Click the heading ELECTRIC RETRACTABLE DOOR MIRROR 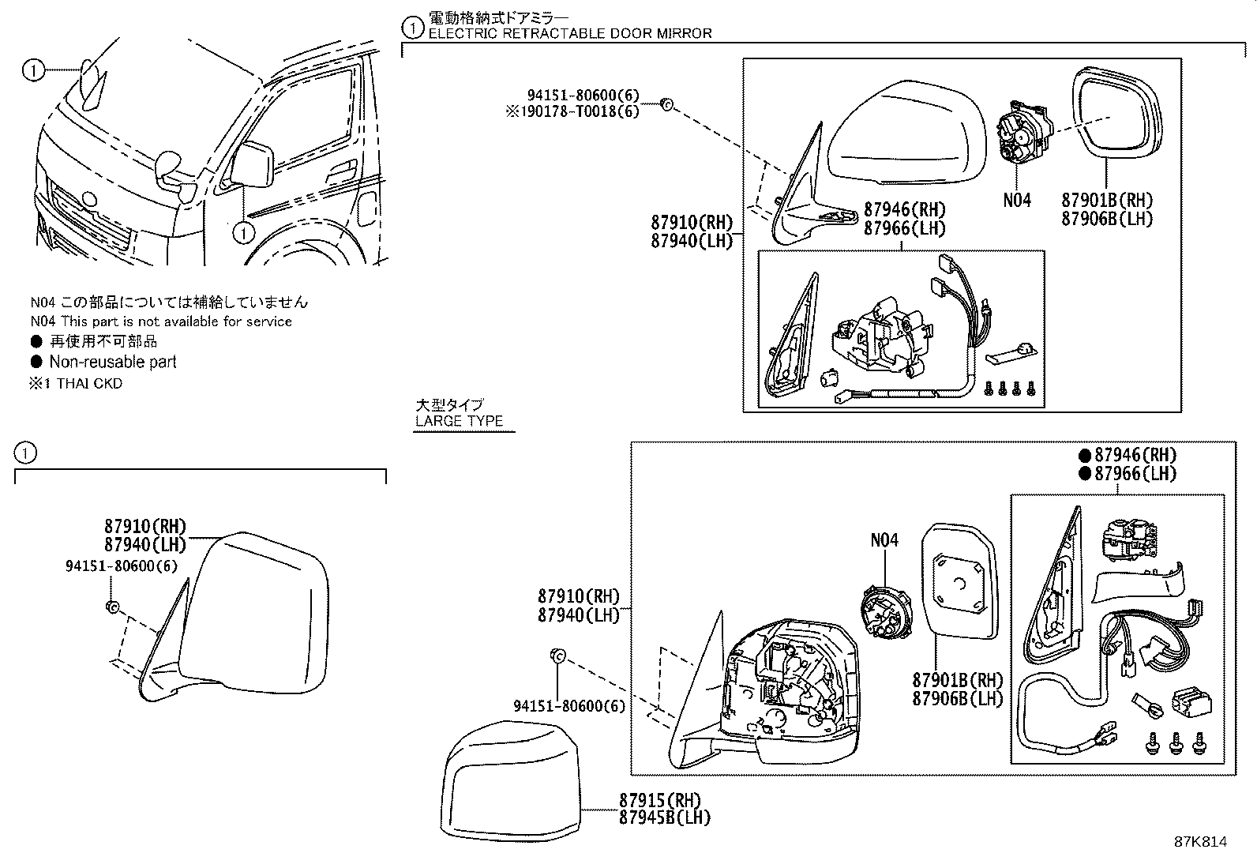pyautogui.click(x=569, y=33)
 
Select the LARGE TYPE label pyautogui.click(x=459, y=421)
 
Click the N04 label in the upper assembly pyautogui.click(x=1016, y=201)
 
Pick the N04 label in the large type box pyautogui.click(x=884, y=540)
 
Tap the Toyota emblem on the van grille pyautogui.click(x=88, y=201)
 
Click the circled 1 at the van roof pyautogui.click(x=32, y=71)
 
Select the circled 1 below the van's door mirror pyautogui.click(x=244, y=232)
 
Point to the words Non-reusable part pyautogui.click(x=112, y=363)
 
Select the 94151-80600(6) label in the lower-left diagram pyautogui.click(x=121, y=566)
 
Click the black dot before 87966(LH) pyautogui.click(x=1085, y=474)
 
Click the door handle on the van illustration pyautogui.click(x=340, y=168)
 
